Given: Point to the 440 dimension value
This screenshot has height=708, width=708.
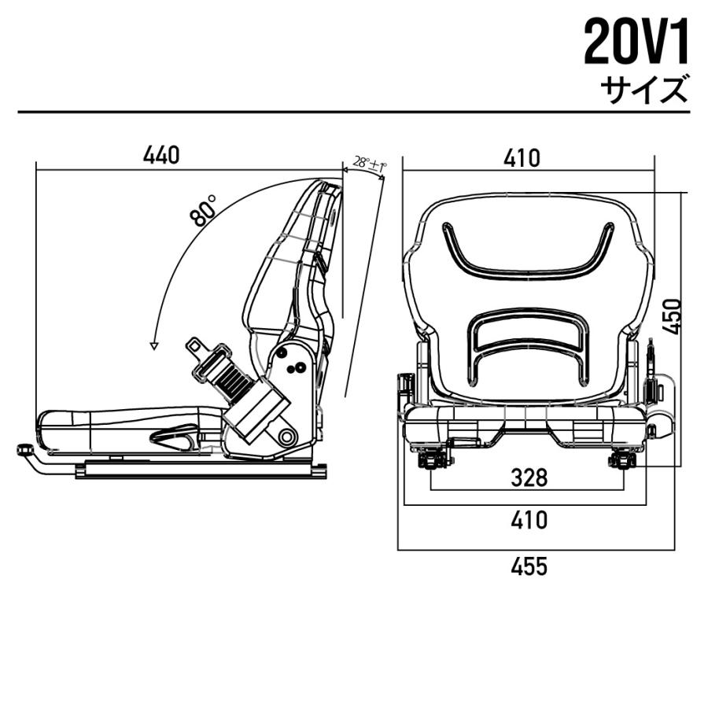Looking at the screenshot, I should click(x=161, y=156).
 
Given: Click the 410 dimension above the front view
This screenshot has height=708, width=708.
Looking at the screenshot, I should click(x=522, y=158).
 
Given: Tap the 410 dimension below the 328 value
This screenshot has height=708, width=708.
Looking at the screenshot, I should click(x=528, y=520).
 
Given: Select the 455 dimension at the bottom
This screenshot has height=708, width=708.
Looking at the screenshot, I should click(x=528, y=566).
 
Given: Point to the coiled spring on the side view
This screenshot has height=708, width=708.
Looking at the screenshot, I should click(x=233, y=384).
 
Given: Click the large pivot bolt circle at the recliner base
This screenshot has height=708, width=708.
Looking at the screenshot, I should click(x=286, y=435).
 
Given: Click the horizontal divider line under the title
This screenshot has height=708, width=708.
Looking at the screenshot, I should click(x=354, y=112).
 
